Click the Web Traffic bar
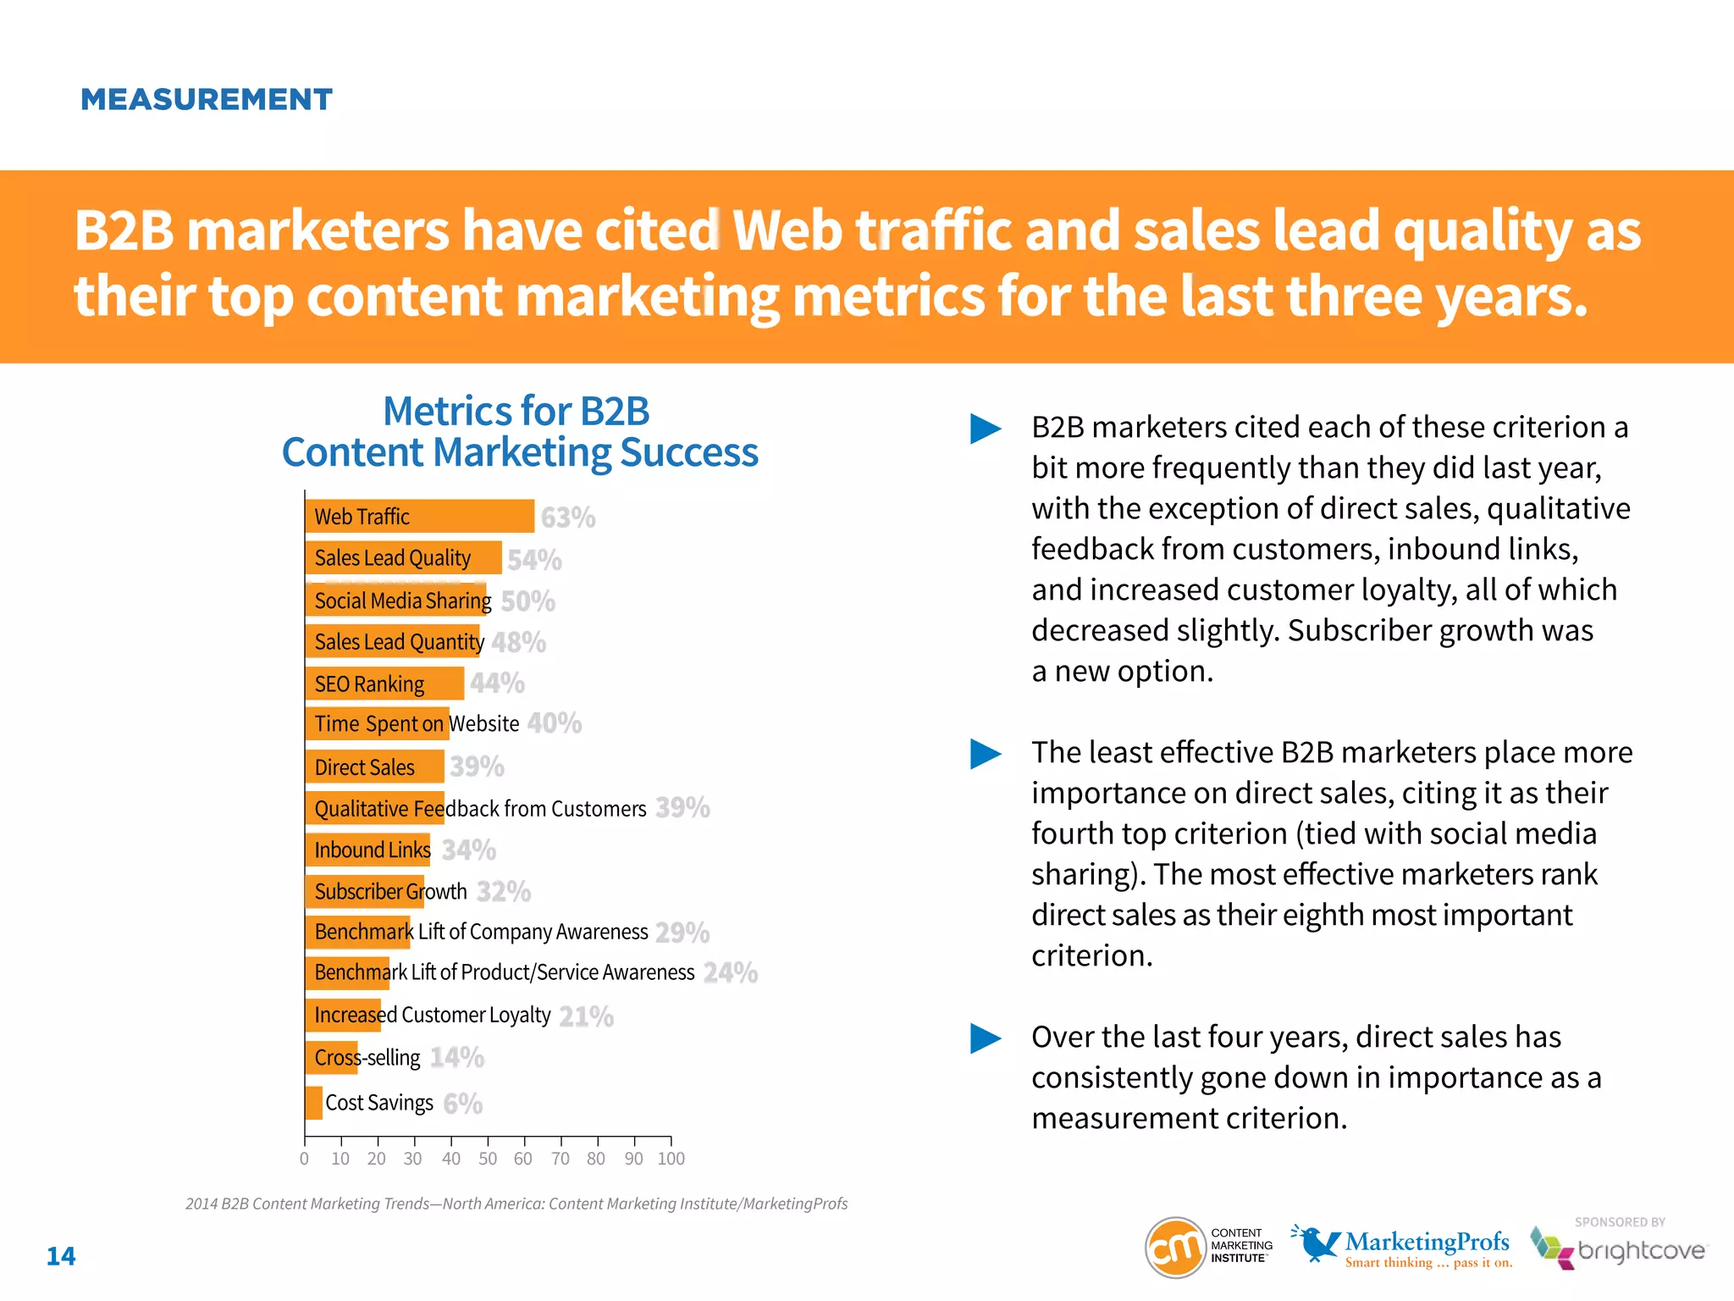point(419,516)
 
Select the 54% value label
point(534,560)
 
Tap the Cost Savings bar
point(314,1103)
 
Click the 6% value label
point(462,1104)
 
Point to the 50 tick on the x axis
point(488,1158)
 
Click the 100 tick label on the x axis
point(671,1158)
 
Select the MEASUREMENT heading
point(207,100)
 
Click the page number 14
point(61,1256)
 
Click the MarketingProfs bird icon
point(1315,1243)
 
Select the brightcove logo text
point(1641,1251)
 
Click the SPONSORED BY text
point(1619,1222)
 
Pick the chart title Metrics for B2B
point(516,412)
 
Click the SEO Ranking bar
point(384,684)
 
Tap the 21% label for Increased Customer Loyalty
point(586,1016)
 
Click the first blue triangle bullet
point(985,429)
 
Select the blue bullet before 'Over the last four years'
point(985,1038)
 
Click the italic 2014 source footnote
point(516,1204)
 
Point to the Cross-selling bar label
point(367,1058)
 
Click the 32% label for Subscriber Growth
point(504,891)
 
